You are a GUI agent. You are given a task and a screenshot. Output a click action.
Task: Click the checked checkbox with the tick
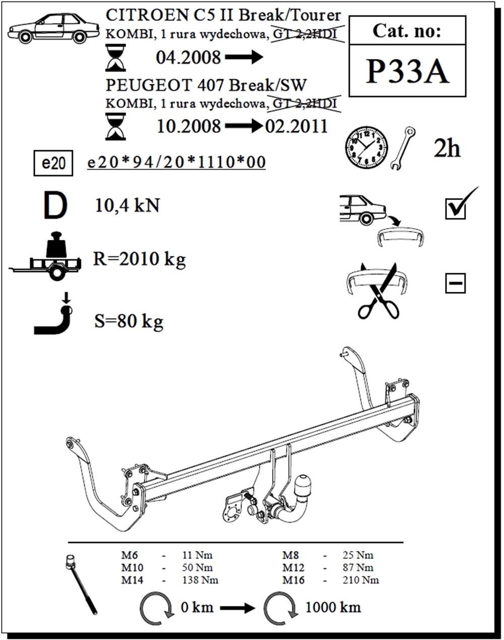(x=456, y=208)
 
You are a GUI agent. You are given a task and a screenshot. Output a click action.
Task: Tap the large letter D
(x=55, y=205)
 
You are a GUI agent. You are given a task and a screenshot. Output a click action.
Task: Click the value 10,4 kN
(x=127, y=206)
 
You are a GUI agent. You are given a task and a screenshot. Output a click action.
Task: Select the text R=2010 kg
(x=140, y=259)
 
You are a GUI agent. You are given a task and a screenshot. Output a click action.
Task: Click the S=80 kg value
(x=129, y=321)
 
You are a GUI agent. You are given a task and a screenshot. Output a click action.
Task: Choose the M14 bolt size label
(x=132, y=580)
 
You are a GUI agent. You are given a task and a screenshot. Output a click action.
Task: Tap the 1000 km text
(x=333, y=607)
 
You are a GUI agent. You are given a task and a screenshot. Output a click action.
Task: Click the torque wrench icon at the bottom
(x=81, y=585)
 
